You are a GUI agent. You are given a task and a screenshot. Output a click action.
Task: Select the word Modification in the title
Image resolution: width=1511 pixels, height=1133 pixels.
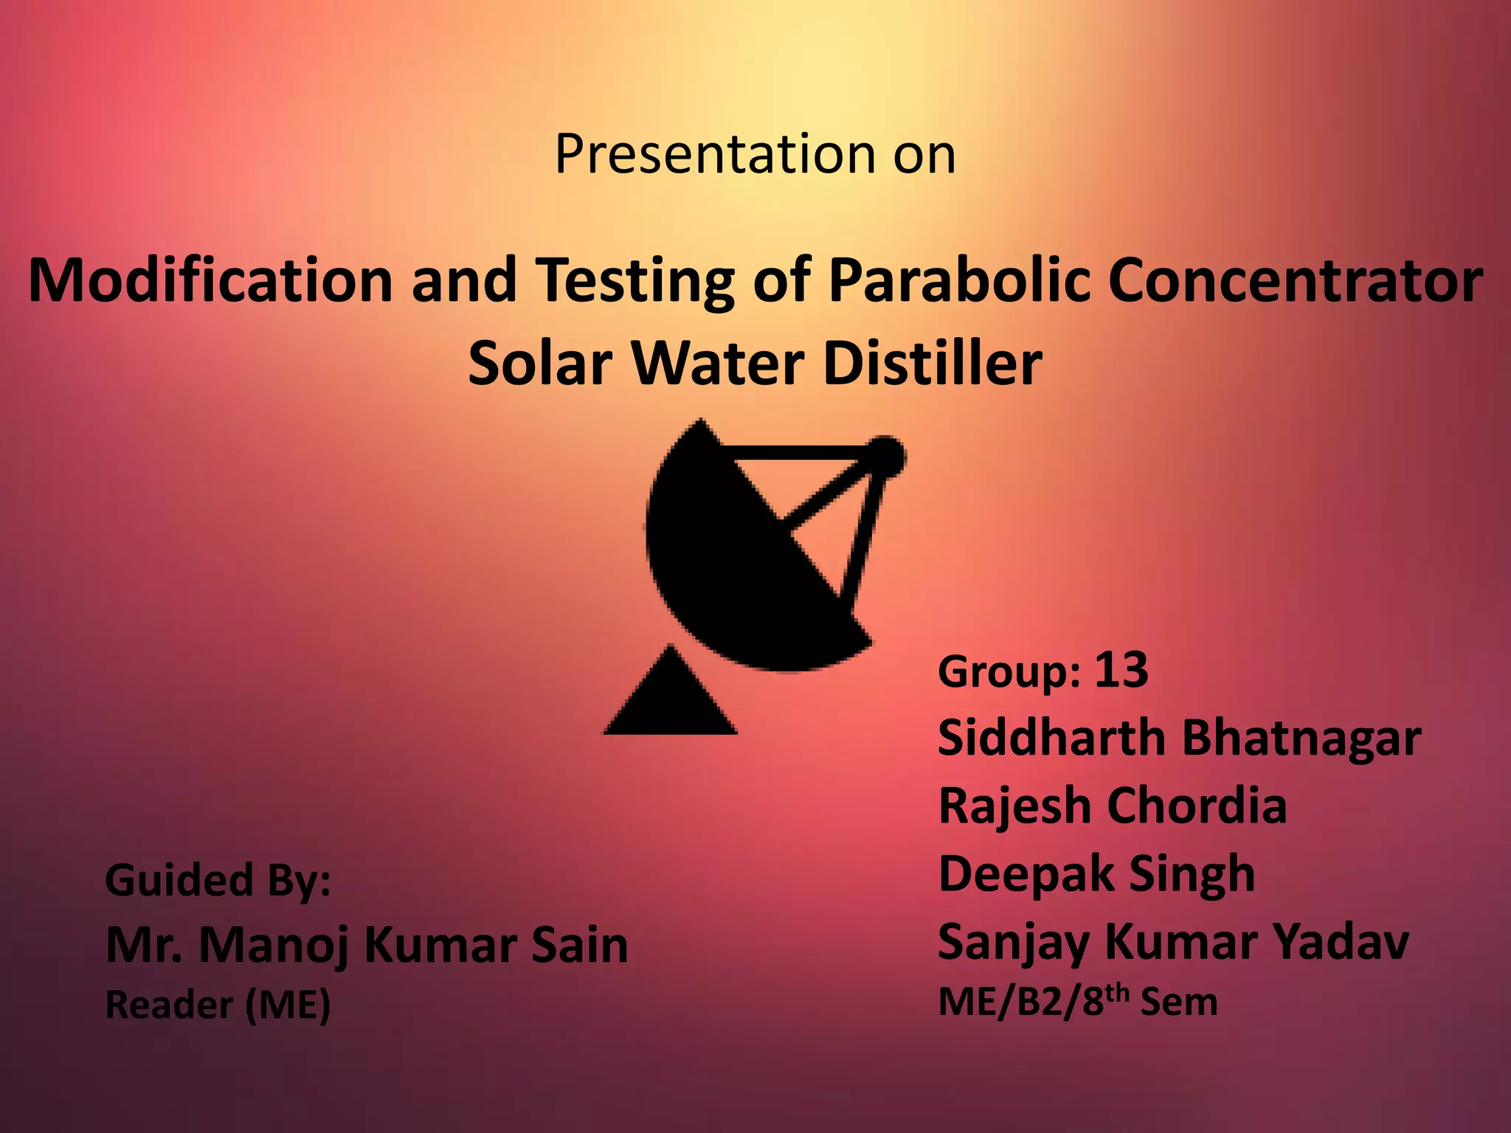[210, 280]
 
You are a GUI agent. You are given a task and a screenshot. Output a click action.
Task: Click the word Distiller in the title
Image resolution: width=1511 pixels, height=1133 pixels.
[932, 364]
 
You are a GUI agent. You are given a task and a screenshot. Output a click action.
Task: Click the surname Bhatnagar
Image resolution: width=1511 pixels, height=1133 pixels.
[1301, 738]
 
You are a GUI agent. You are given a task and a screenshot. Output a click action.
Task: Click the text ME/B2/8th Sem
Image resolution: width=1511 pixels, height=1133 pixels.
[1077, 1002]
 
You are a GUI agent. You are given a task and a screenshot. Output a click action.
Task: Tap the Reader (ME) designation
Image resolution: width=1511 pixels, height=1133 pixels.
[218, 1005]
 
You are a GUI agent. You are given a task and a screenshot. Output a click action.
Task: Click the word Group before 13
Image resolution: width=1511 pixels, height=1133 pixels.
[1009, 672]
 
